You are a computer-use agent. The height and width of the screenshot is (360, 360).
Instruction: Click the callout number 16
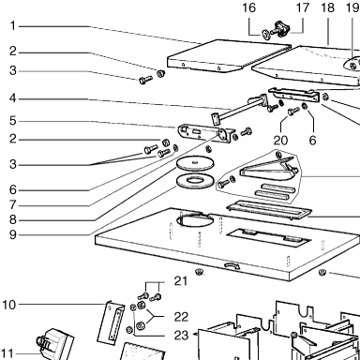tap(248, 7)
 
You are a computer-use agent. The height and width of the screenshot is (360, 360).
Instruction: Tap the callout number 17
tap(303, 7)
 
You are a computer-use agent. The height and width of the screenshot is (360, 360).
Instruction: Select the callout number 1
tap(12, 25)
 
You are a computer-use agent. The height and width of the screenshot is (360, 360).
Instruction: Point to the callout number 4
tap(12, 98)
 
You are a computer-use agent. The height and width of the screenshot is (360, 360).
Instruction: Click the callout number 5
tap(12, 121)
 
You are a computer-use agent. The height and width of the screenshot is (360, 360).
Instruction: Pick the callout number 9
tap(12, 234)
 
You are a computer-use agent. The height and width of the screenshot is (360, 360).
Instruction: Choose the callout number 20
tap(280, 141)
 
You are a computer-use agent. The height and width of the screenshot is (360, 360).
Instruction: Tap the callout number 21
tap(181, 281)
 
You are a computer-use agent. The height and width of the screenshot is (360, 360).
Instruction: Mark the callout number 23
tap(181, 336)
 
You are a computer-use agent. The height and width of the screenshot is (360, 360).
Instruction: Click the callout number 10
tap(9, 305)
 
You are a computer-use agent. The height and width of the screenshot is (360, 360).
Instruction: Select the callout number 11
tap(7, 353)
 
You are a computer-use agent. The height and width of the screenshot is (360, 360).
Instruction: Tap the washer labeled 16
tap(266, 34)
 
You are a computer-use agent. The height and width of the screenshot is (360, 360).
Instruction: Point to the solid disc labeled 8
tap(196, 163)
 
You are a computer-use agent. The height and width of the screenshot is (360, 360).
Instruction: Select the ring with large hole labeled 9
tap(196, 181)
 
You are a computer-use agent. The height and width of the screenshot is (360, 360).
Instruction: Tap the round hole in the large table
tap(195, 219)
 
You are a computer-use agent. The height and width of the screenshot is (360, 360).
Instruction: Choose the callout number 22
tap(181, 317)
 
